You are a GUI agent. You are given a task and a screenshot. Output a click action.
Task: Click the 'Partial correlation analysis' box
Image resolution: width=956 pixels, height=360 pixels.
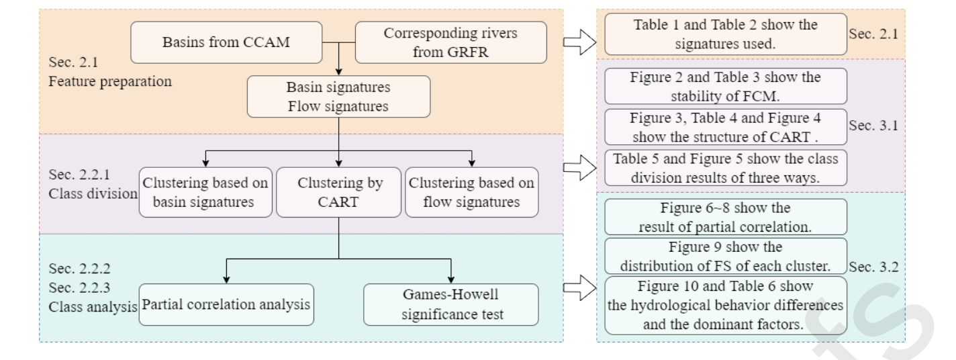(226, 304)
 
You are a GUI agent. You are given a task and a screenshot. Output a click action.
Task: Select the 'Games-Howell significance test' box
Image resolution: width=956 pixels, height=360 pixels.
(450, 304)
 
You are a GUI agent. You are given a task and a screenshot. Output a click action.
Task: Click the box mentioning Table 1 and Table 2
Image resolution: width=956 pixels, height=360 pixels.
(725, 35)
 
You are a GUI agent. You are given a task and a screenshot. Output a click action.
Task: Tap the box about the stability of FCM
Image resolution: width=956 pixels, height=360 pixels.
(725, 86)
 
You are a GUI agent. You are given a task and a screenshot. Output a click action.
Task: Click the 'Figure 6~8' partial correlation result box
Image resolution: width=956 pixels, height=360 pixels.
(725, 216)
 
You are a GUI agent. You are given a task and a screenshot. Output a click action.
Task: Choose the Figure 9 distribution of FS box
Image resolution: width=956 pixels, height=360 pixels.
(725, 256)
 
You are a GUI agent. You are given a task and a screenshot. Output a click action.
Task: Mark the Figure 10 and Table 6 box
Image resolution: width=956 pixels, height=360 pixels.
(725, 305)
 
